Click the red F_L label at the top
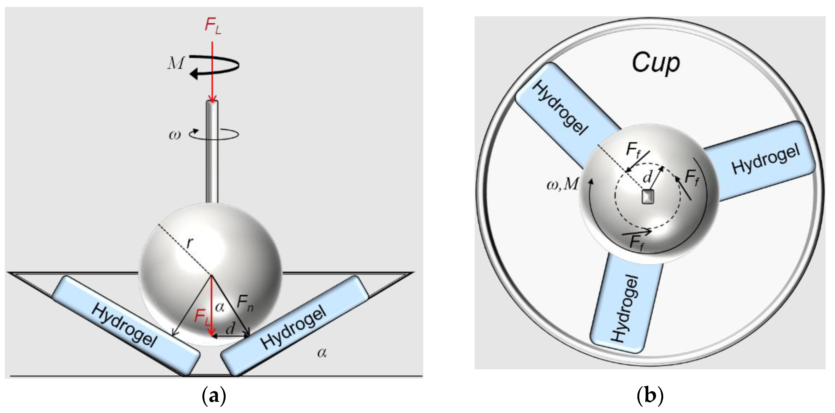pyautogui.click(x=213, y=25)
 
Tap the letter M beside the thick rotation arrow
pyautogui.click(x=176, y=63)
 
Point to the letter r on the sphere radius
pyautogui.click(x=190, y=243)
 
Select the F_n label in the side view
pyautogui.click(x=245, y=304)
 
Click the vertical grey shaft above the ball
pyautogui.click(x=212, y=152)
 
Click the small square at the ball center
pyautogui.click(x=648, y=197)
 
